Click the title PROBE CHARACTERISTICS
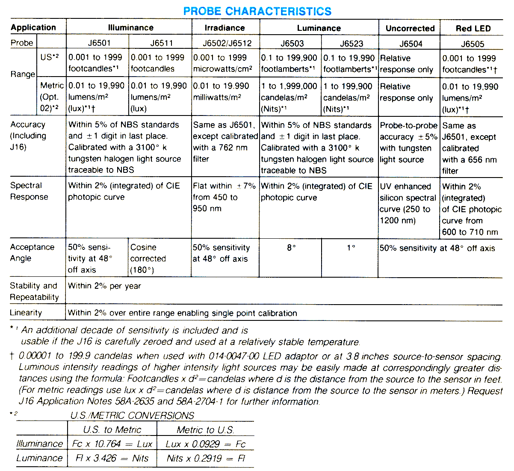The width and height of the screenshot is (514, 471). pos(257,11)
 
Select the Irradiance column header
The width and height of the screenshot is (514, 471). pos(225,28)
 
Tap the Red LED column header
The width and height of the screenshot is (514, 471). pos(473,29)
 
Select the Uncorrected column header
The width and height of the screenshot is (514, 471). pos(410,29)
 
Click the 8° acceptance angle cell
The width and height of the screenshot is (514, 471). pos(291,248)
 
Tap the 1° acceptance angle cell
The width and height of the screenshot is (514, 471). pos(351,248)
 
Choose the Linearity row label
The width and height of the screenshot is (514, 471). pos(26,313)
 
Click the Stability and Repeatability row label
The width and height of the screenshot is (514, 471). pos(34,291)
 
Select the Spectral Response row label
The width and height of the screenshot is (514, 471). pos(29,191)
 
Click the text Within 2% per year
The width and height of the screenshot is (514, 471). pos(104,286)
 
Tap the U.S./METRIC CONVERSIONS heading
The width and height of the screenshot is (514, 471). pos(132,415)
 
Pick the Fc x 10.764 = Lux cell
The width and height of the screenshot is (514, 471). pos(112,444)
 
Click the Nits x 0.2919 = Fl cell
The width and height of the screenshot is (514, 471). pos(206,458)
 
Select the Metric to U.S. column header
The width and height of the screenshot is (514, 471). pos(205,430)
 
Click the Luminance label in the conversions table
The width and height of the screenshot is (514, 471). pos(39,458)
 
